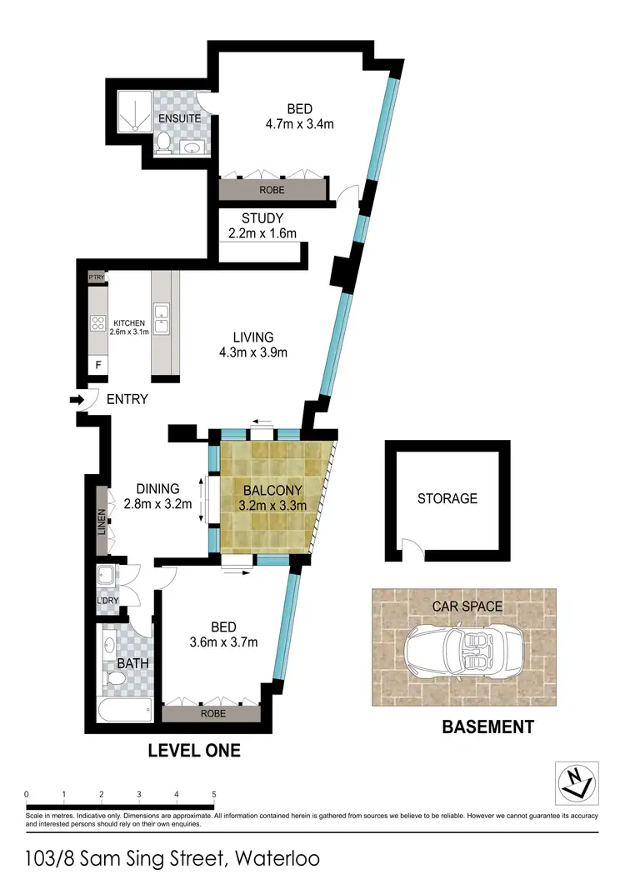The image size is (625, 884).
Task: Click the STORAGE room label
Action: [x=447, y=498]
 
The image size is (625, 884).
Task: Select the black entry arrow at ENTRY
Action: [x=77, y=401]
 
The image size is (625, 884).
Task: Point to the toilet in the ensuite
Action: [x=164, y=145]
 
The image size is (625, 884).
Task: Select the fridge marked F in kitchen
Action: [x=97, y=365]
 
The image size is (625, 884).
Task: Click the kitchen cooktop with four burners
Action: [x=97, y=323]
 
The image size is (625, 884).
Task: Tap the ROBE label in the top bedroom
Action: [x=272, y=190]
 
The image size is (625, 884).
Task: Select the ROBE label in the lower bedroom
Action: [x=215, y=714]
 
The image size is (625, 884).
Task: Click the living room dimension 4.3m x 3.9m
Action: [x=253, y=352]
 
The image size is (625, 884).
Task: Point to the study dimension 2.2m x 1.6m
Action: [x=262, y=233]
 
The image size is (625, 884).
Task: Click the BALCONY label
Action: [x=267, y=490]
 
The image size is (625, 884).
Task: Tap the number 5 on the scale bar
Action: [x=214, y=793]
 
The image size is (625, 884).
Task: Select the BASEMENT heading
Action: [x=487, y=727]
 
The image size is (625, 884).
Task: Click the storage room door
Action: [x=410, y=548]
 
